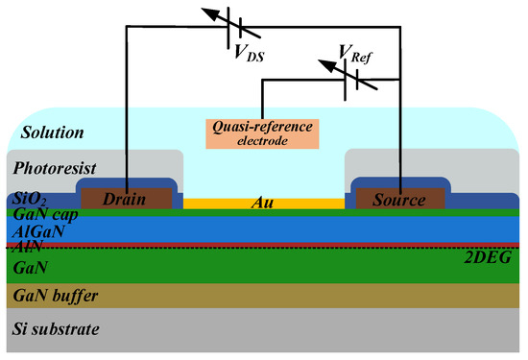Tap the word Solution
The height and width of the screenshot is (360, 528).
tap(45, 132)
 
